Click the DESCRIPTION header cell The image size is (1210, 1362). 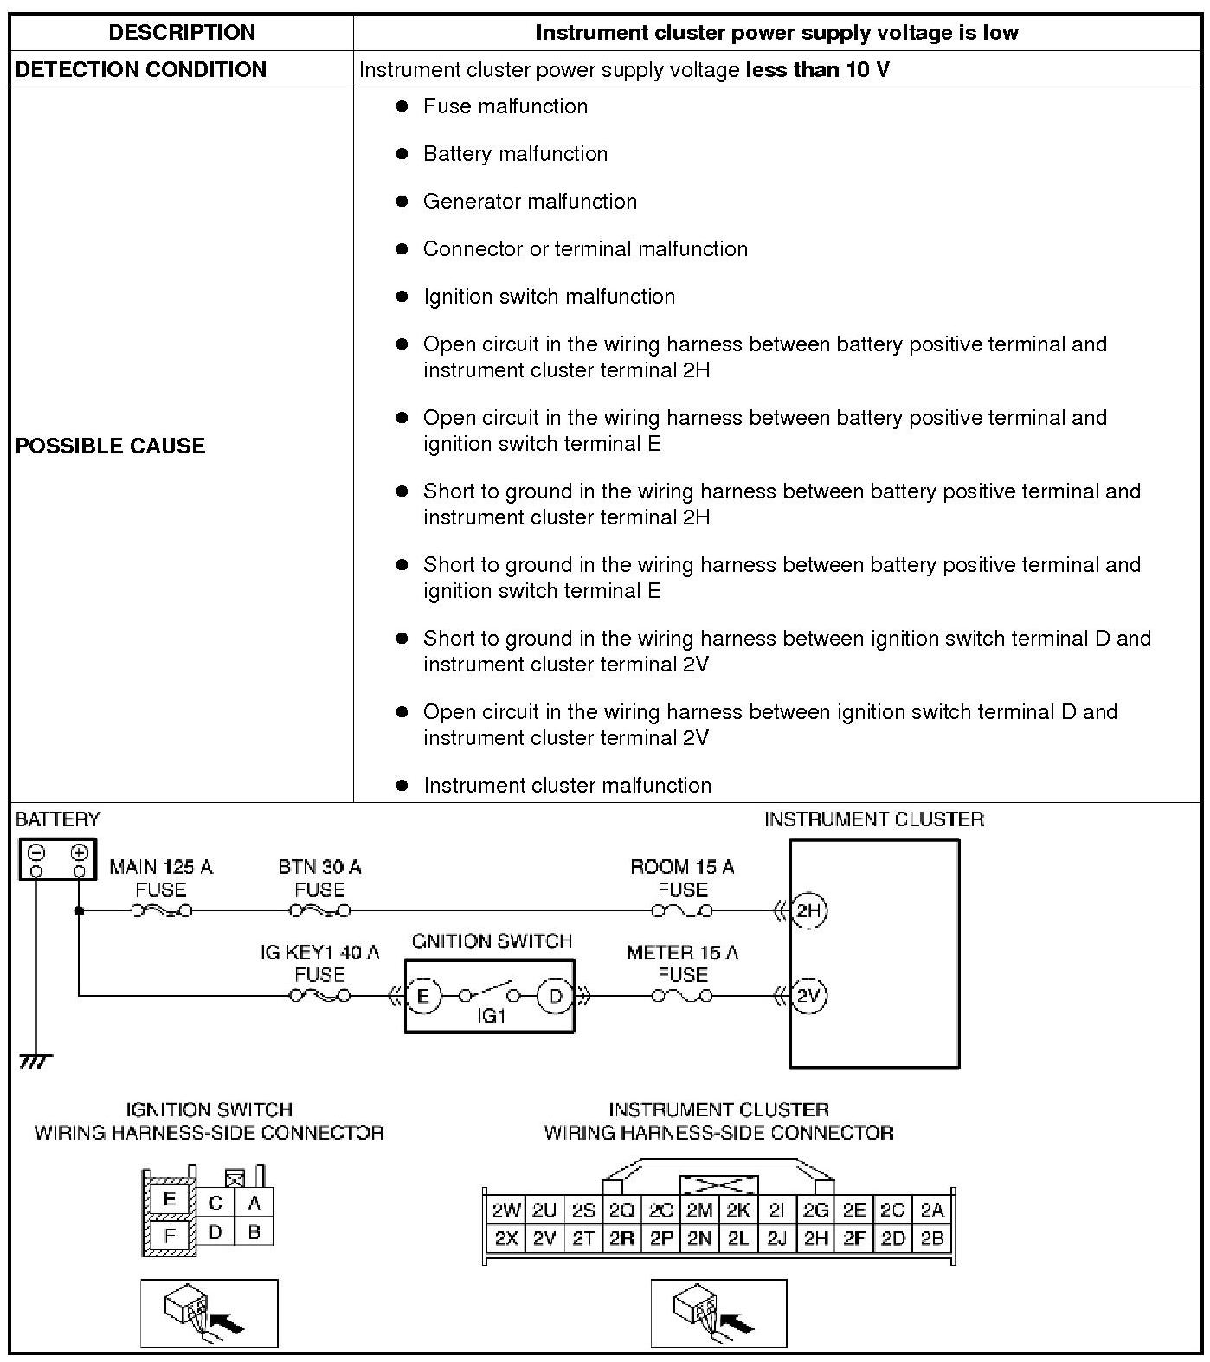pyautogui.click(x=182, y=33)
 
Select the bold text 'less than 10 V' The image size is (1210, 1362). pyautogui.click(x=817, y=70)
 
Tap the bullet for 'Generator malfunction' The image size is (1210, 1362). pyautogui.click(x=402, y=202)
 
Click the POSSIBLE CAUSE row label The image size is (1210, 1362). pyautogui.click(x=111, y=446)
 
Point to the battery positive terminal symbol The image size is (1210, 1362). pyautogui.click(x=79, y=852)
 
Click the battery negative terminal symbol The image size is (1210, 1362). pyautogui.click(x=36, y=852)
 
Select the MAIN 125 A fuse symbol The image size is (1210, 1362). pyautogui.click(x=161, y=910)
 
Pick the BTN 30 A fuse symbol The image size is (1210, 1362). pyautogui.click(x=319, y=910)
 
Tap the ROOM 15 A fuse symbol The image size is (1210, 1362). pyautogui.click(x=682, y=910)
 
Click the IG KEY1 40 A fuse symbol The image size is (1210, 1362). pyautogui.click(x=319, y=996)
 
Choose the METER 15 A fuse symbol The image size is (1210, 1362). pyautogui.click(x=682, y=996)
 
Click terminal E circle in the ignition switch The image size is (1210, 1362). pyautogui.click(x=423, y=996)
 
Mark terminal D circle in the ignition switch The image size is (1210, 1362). pyautogui.click(x=555, y=996)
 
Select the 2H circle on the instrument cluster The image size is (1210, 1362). pyautogui.click(x=808, y=910)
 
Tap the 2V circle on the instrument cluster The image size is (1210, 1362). pyautogui.click(x=808, y=996)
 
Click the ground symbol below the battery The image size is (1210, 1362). pyautogui.click(x=36, y=1061)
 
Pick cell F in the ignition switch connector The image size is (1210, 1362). pyautogui.click(x=170, y=1235)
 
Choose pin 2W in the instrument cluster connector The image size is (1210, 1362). pyautogui.click(x=505, y=1211)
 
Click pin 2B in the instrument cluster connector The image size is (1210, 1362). pyautogui.click(x=932, y=1238)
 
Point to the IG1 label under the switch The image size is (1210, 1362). pyautogui.click(x=491, y=1016)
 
